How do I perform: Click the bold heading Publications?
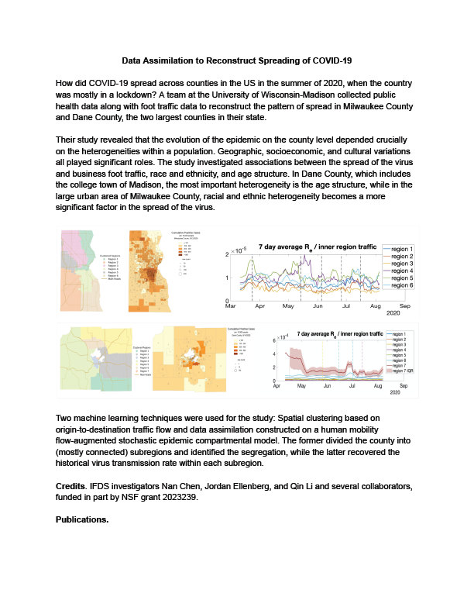tap(82, 519)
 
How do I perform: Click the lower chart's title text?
tap(339, 333)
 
